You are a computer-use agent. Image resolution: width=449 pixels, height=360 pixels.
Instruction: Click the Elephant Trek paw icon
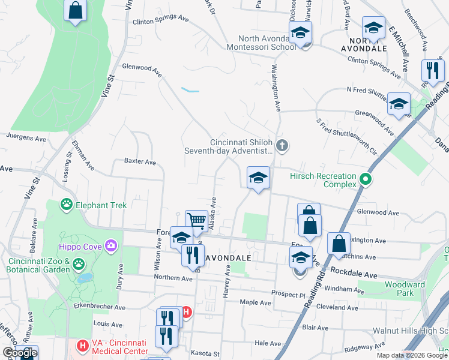(x=66, y=205)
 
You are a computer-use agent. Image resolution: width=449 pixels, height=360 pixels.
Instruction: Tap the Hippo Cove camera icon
(x=110, y=245)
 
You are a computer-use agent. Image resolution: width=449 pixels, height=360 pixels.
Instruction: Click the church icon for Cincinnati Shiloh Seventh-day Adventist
(x=282, y=145)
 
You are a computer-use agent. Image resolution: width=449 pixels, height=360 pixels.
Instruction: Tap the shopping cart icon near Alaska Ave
(x=196, y=220)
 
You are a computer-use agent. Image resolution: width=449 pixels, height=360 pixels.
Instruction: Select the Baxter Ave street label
(x=140, y=162)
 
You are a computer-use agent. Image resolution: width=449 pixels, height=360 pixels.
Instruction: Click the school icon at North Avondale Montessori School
(x=301, y=32)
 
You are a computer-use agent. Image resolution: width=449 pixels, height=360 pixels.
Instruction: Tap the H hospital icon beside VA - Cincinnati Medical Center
(x=82, y=346)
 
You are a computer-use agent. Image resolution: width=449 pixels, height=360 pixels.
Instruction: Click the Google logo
(x=20, y=353)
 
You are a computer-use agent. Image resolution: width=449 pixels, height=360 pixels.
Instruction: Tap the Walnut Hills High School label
(x=411, y=331)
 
